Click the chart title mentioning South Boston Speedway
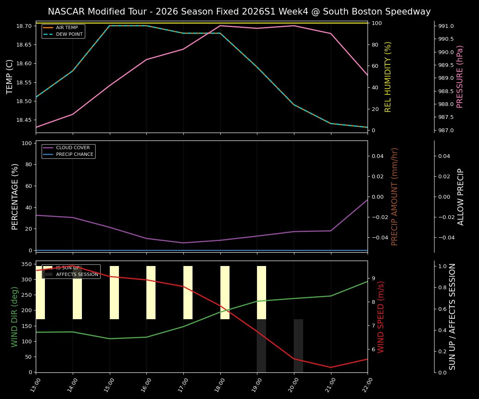pyautogui.click(x=239, y=12)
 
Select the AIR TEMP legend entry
pyautogui.click(x=67, y=28)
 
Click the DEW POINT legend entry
pyautogui.click(x=69, y=34)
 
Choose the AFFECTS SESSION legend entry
pyautogui.click(x=77, y=274)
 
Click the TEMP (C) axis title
pyautogui.click(x=10, y=76)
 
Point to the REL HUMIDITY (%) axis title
pyautogui.click(x=388, y=76)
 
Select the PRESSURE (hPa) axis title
pyautogui.click(x=460, y=76)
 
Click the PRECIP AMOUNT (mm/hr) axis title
pyautogui.click(x=395, y=196)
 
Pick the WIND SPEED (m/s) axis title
pyautogui.click(x=381, y=316)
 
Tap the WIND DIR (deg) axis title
pyautogui.click(x=15, y=316)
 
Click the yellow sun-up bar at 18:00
pyautogui.click(x=225, y=292)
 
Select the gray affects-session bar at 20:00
pyautogui.click(x=299, y=345)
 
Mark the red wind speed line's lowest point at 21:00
pyautogui.click(x=331, y=367)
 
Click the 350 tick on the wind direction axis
pyautogui.click(x=26, y=264)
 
